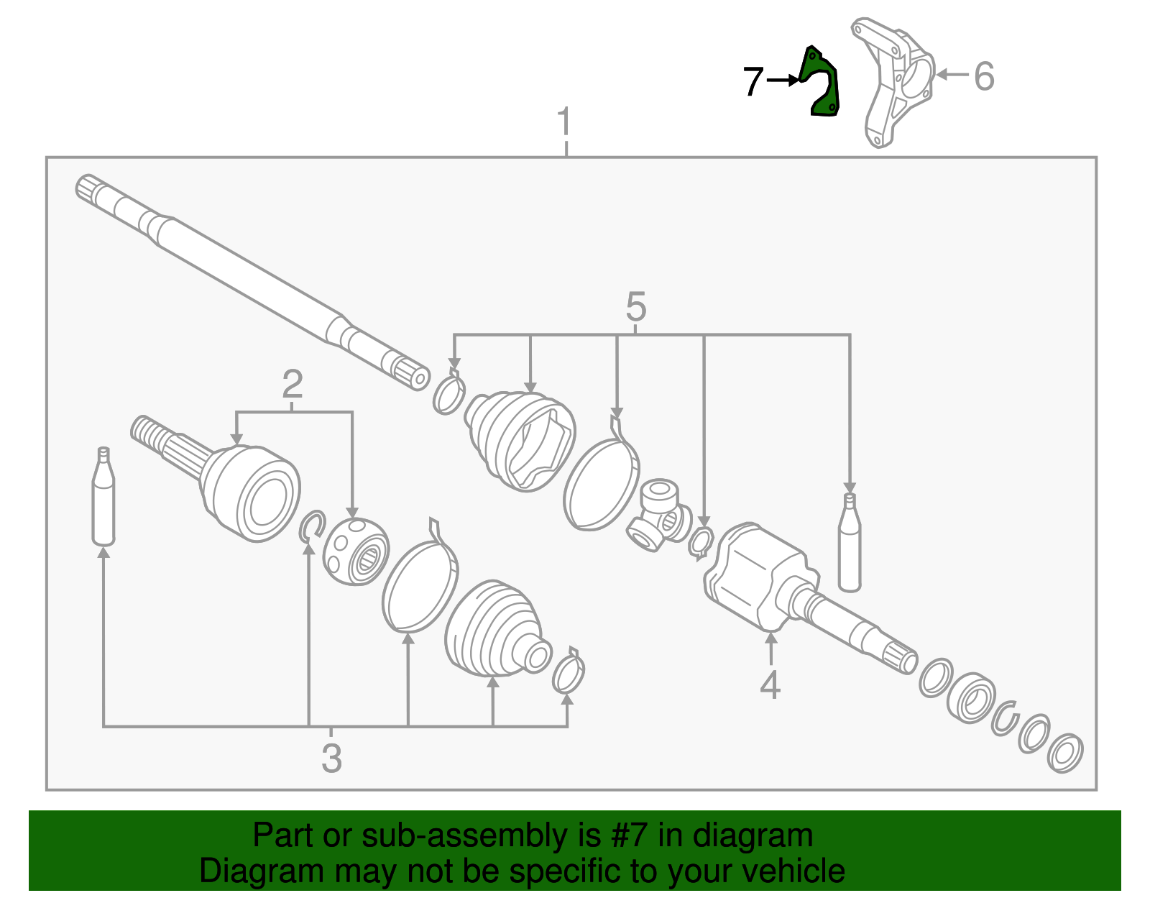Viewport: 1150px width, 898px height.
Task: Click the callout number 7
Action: pos(753,81)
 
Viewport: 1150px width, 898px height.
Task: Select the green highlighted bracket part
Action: pos(822,81)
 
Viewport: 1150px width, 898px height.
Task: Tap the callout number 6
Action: pos(984,75)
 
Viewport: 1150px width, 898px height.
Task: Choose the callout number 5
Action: pos(635,308)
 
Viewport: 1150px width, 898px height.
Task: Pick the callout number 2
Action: pos(292,385)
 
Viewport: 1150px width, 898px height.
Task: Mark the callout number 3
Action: pos(331,758)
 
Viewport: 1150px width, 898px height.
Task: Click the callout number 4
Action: pos(770,685)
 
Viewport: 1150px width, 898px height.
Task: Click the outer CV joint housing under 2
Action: pos(251,492)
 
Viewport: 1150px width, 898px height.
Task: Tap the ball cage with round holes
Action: pos(356,550)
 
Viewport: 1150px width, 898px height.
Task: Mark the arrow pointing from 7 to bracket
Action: pos(783,81)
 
